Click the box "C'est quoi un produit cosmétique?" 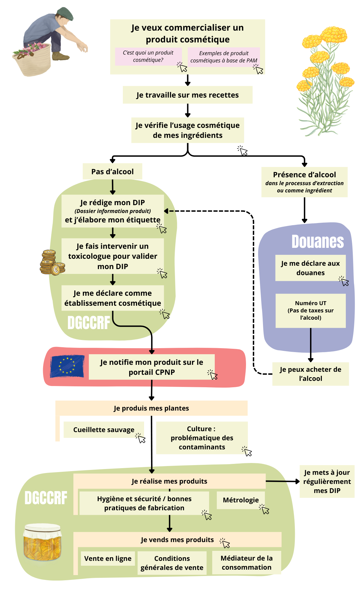(148, 56)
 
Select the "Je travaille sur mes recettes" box (187, 95)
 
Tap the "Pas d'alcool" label (112, 171)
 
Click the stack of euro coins (52, 263)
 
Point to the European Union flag (67, 366)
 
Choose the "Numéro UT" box (310, 310)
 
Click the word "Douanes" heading (318, 241)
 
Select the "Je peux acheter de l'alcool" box (310, 374)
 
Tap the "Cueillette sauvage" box (103, 430)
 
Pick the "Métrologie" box (241, 500)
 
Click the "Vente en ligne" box (108, 558)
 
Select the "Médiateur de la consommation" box (246, 563)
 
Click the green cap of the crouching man (65, 14)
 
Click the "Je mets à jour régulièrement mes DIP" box (327, 481)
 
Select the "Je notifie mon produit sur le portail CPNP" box (152, 367)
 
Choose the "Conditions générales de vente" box (172, 563)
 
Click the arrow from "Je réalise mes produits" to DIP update (282, 481)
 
